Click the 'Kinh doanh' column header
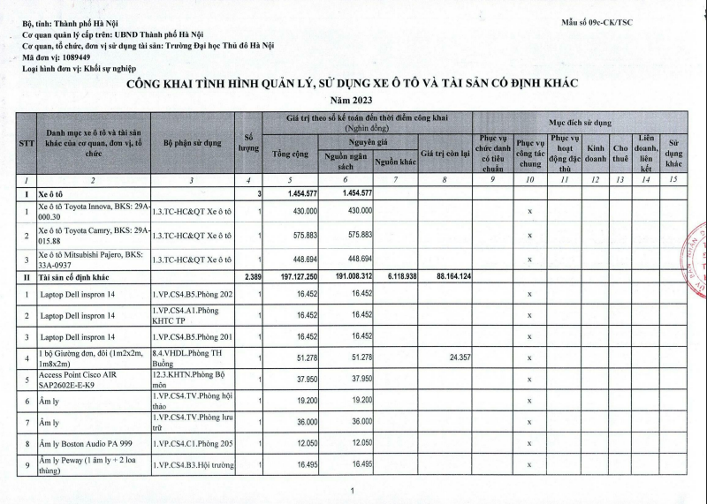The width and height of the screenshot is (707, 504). (x=596, y=154)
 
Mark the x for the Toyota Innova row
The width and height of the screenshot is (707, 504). (x=529, y=212)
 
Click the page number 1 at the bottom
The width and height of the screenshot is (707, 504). (x=352, y=491)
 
